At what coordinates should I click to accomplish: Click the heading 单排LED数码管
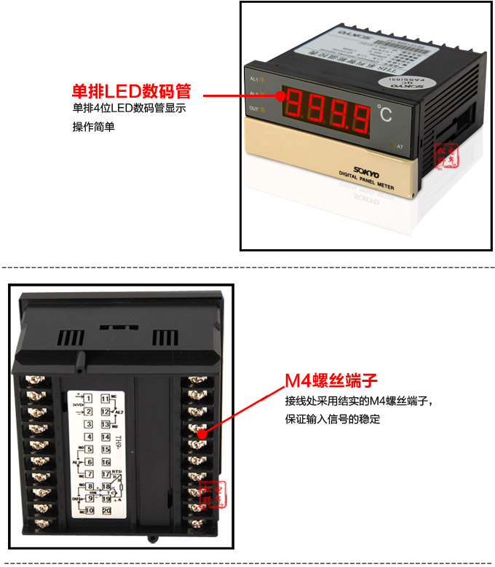[131, 92]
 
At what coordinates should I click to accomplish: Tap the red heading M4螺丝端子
[330, 381]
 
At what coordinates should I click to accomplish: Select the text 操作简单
[93, 127]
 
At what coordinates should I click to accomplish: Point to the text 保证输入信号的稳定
[332, 420]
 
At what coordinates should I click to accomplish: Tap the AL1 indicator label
[253, 78]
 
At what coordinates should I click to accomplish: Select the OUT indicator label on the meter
[254, 109]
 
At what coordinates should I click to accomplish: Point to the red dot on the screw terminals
[199, 433]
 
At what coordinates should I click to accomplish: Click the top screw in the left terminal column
[35, 380]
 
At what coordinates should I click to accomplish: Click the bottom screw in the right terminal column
[195, 522]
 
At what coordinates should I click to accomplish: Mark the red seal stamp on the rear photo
[218, 494]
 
